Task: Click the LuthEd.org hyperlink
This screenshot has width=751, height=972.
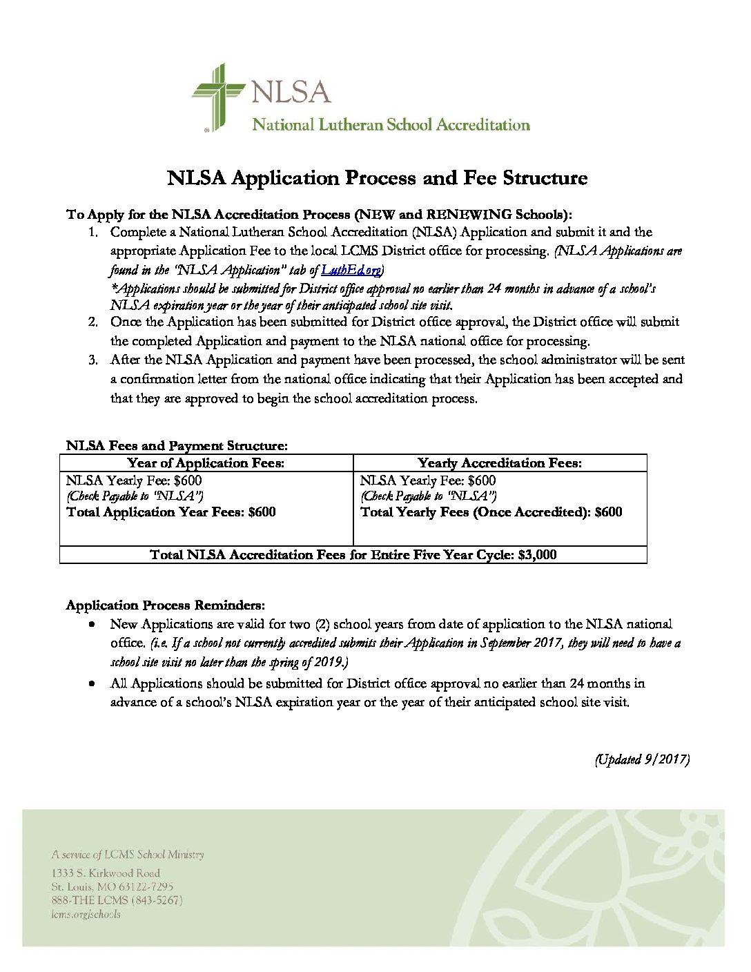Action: [x=351, y=270]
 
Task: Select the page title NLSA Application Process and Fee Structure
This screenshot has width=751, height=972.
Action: [x=377, y=178]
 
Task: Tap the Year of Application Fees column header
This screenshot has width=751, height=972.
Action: [x=206, y=463]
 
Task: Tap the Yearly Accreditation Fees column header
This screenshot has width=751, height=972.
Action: [x=499, y=463]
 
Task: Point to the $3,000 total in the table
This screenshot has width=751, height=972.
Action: [x=537, y=555]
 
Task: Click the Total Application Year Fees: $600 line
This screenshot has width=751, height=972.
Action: [x=171, y=512]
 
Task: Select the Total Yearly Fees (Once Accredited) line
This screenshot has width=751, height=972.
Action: [x=491, y=512]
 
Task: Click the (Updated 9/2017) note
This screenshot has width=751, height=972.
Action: [x=642, y=759]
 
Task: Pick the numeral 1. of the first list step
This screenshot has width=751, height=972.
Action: [x=93, y=233]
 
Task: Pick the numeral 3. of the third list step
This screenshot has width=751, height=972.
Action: [x=93, y=360]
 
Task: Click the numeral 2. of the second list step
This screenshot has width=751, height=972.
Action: [x=93, y=322]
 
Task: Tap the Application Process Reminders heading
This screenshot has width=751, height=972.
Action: [x=165, y=605]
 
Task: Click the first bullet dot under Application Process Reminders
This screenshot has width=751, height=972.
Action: [x=92, y=624]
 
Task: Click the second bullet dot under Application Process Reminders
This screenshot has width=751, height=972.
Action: [x=92, y=683]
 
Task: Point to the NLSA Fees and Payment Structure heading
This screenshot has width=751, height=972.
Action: [x=177, y=446]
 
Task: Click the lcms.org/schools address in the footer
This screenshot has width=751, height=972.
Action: [x=86, y=915]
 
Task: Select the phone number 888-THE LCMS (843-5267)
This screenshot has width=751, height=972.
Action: [x=117, y=901]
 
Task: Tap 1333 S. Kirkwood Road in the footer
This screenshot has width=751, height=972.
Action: [x=106, y=873]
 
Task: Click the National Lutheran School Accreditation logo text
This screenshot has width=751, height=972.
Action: [x=391, y=125]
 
